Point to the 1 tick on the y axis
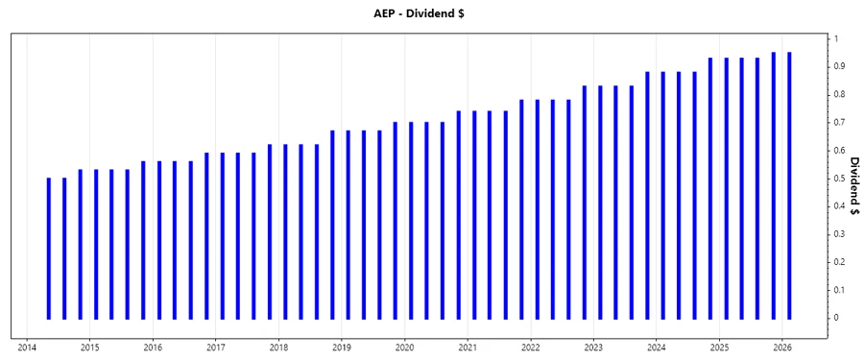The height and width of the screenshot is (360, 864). click(836, 38)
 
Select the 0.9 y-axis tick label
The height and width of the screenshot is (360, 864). click(839, 66)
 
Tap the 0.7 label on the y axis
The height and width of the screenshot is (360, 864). click(839, 122)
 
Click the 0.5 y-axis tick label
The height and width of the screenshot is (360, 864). click(839, 179)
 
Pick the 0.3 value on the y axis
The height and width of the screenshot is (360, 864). click(839, 234)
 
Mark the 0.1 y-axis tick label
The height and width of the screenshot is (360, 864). click(839, 290)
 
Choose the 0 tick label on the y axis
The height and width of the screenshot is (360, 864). click(836, 318)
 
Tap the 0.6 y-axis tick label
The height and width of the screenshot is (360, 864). click(839, 150)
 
